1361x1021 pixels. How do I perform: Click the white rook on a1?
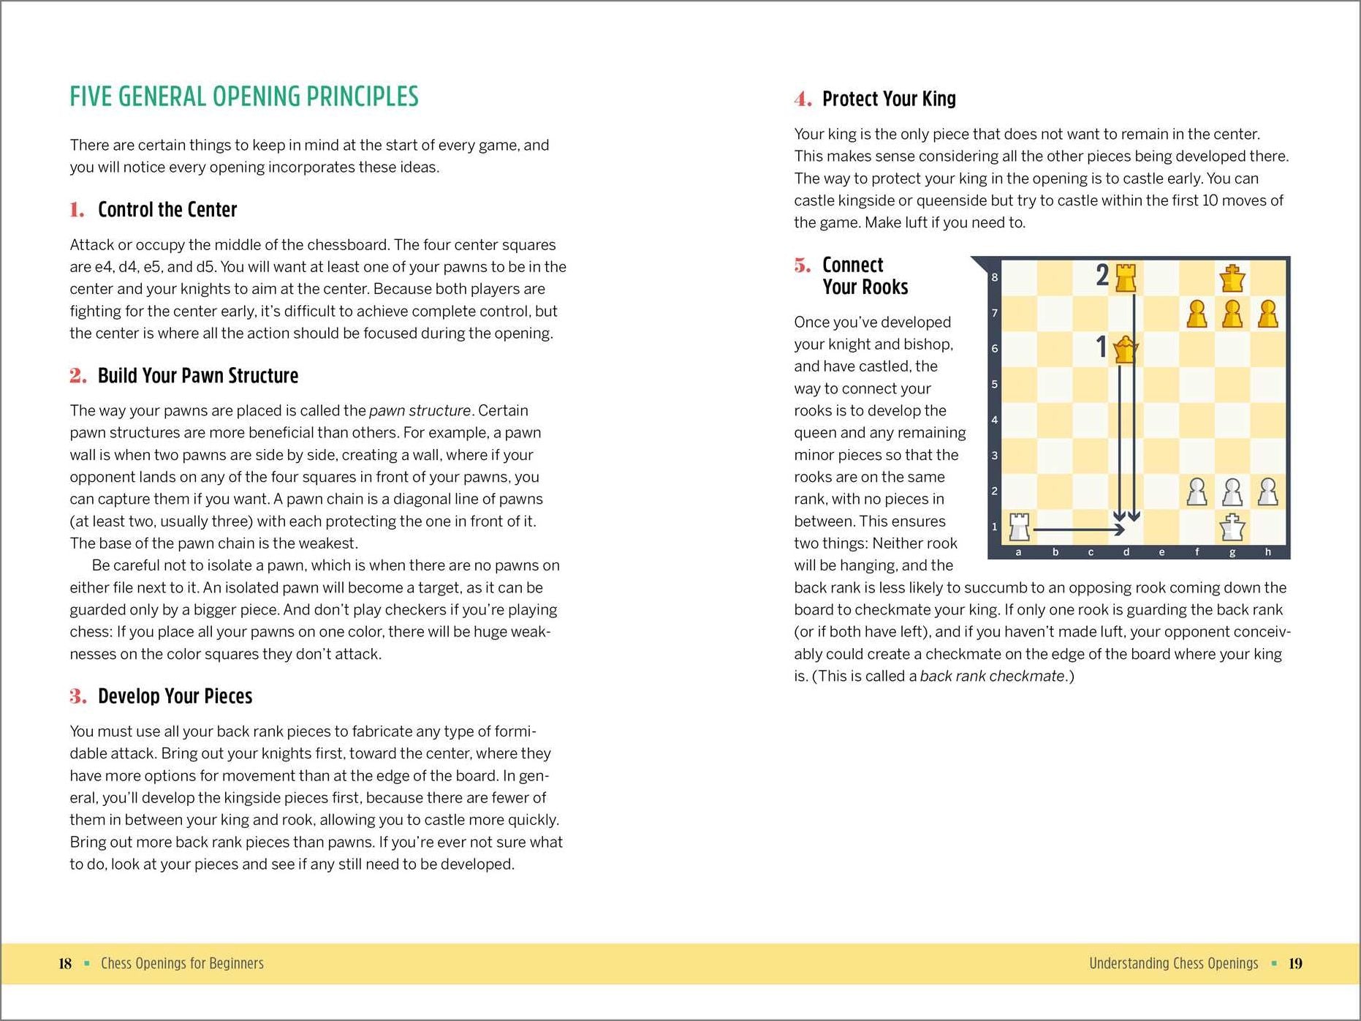coord(1019,527)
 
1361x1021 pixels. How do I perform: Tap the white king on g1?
coord(1232,527)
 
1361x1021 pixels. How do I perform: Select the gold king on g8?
coord(1232,278)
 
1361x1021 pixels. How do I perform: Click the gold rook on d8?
coord(1126,278)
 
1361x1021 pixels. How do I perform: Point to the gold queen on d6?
coord(1126,350)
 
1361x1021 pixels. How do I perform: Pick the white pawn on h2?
coord(1268,491)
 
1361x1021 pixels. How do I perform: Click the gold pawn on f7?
coord(1197,314)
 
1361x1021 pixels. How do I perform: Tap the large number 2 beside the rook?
coord(1102,275)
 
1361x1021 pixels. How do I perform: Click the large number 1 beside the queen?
coord(1101,347)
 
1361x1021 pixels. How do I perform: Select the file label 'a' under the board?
coord(1018,552)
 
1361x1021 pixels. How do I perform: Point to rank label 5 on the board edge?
coord(994,384)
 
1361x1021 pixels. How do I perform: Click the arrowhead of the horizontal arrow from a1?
coord(1119,529)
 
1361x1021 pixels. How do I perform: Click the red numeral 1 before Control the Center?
coord(77,211)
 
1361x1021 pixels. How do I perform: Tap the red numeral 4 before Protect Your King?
coord(803,99)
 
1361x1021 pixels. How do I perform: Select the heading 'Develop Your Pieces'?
coord(175,696)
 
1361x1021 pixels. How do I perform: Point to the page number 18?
coord(65,963)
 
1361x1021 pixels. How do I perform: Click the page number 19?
coord(1295,963)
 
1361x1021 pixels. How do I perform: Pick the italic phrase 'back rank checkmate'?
coord(992,677)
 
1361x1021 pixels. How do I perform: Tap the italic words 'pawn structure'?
coord(420,411)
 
